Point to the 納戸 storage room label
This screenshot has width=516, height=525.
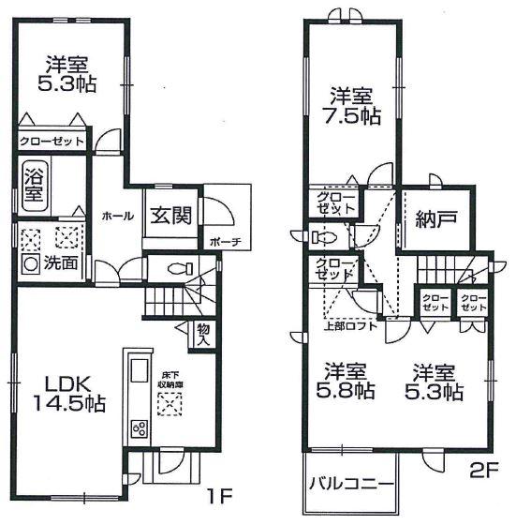coord(435,219)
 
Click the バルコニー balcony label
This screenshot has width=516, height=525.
coord(349,487)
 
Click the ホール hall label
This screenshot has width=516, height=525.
coord(116,216)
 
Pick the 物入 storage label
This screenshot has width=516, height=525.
coord(202,333)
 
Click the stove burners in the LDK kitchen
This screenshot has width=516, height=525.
coord(140,428)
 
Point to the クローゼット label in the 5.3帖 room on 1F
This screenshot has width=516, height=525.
coord(51,142)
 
